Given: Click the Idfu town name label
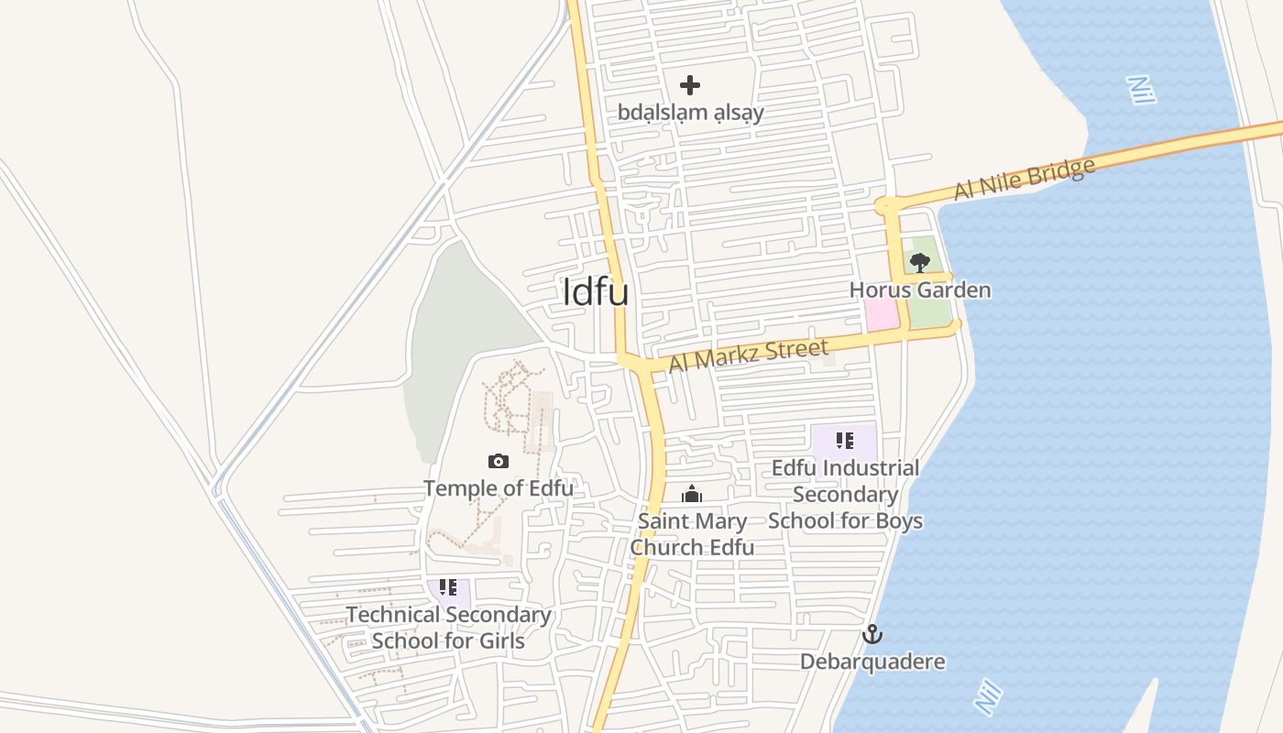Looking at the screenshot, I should click(596, 291).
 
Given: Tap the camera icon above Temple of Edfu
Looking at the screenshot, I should click(499, 461).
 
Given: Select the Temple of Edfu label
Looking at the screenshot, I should click(499, 487).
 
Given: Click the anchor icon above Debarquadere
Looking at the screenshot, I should click(872, 634).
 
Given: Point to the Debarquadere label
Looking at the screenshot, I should click(872, 662).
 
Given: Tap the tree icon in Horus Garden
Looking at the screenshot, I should click(919, 263).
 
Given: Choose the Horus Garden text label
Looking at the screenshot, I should click(920, 290).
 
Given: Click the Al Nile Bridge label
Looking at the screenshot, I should click(1025, 179).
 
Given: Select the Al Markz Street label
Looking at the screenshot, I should click(748, 355).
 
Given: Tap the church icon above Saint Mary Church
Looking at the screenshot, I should click(692, 495).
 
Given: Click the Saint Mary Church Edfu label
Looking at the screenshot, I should click(693, 534).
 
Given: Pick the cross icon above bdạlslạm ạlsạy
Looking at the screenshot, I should click(690, 85).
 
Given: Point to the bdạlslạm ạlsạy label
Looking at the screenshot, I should click(690, 113).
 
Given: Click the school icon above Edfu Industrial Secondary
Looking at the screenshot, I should click(845, 441).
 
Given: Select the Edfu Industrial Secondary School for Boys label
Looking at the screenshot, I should click(845, 495).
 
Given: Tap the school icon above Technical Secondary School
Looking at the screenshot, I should click(448, 586).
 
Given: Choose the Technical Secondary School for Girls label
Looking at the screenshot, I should click(448, 628).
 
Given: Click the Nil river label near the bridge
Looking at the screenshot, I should click(1139, 90).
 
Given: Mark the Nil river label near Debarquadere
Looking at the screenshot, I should click(987, 698).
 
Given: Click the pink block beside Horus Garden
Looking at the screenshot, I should click(882, 315).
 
